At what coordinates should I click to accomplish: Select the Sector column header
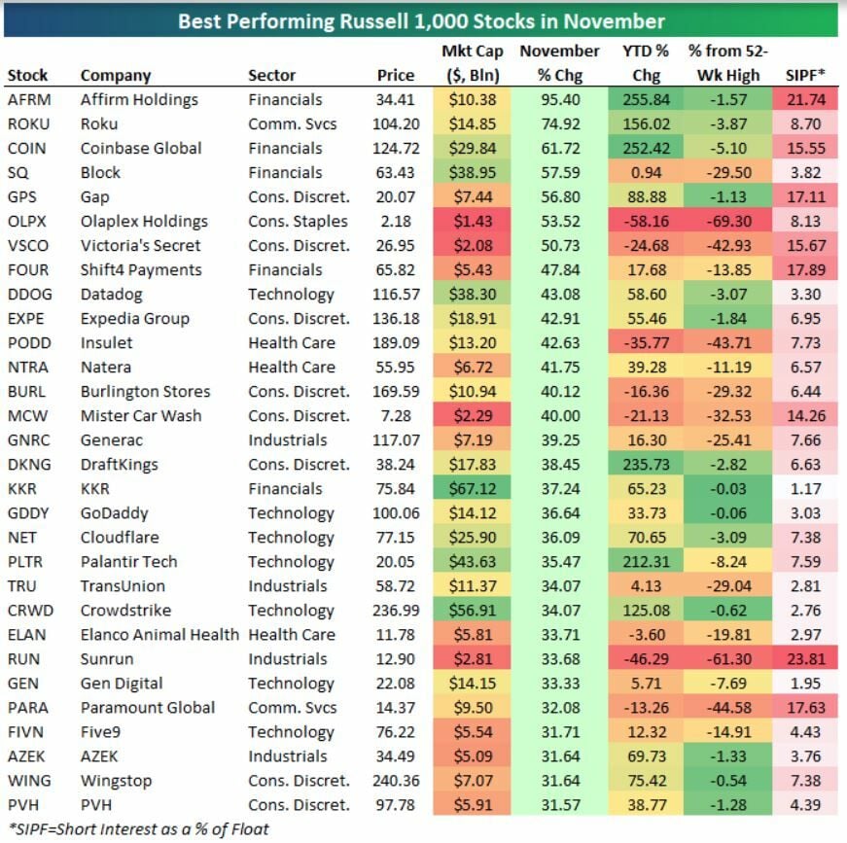[271, 75]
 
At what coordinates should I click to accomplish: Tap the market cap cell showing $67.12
[472, 488]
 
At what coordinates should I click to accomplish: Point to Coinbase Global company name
[141, 148]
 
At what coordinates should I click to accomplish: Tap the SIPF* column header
[807, 75]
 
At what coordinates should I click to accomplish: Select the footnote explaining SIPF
[138, 828]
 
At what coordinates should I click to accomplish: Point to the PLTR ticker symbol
[24, 561]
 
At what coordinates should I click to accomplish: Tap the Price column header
[396, 75]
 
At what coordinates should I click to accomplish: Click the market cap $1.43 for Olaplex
[472, 221]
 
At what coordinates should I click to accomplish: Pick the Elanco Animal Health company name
[159, 634]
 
